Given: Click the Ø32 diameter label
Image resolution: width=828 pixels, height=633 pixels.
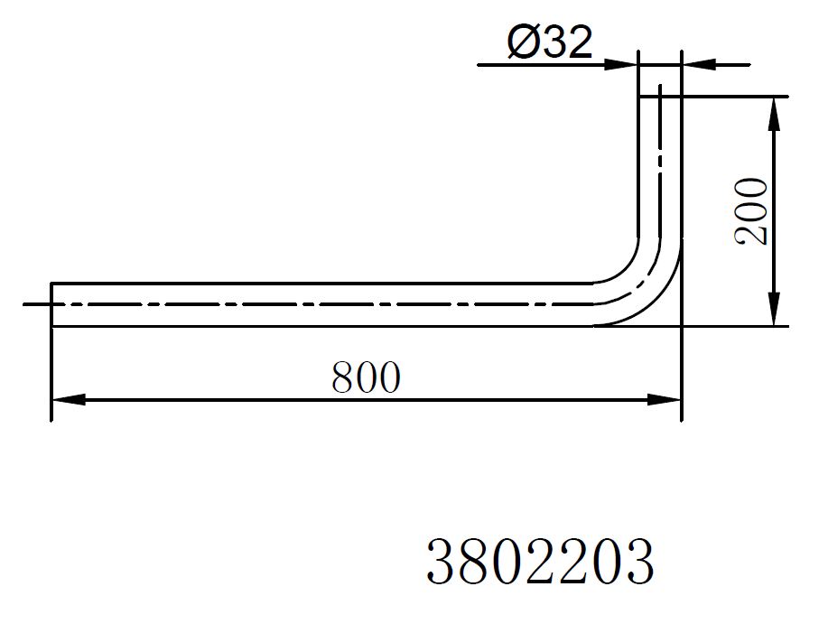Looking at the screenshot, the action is [x=550, y=42].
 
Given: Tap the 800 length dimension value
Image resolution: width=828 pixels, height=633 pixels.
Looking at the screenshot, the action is [x=366, y=378].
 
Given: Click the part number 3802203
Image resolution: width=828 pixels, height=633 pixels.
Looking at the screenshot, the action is [x=540, y=561].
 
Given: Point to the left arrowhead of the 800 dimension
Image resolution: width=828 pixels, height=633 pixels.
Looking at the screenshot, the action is [x=69, y=400].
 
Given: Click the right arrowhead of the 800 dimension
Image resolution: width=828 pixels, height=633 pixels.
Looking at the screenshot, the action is [x=665, y=400].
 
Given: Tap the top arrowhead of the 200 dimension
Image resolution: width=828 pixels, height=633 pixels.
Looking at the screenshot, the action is [x=774, y=114].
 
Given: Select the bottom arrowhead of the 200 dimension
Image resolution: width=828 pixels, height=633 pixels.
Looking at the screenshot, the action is [x=774, y=310].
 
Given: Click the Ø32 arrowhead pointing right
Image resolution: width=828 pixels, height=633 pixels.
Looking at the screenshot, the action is [x=621, y=65].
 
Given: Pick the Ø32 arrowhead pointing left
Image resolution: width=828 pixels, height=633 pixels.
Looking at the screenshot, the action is [x=699, y=65].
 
